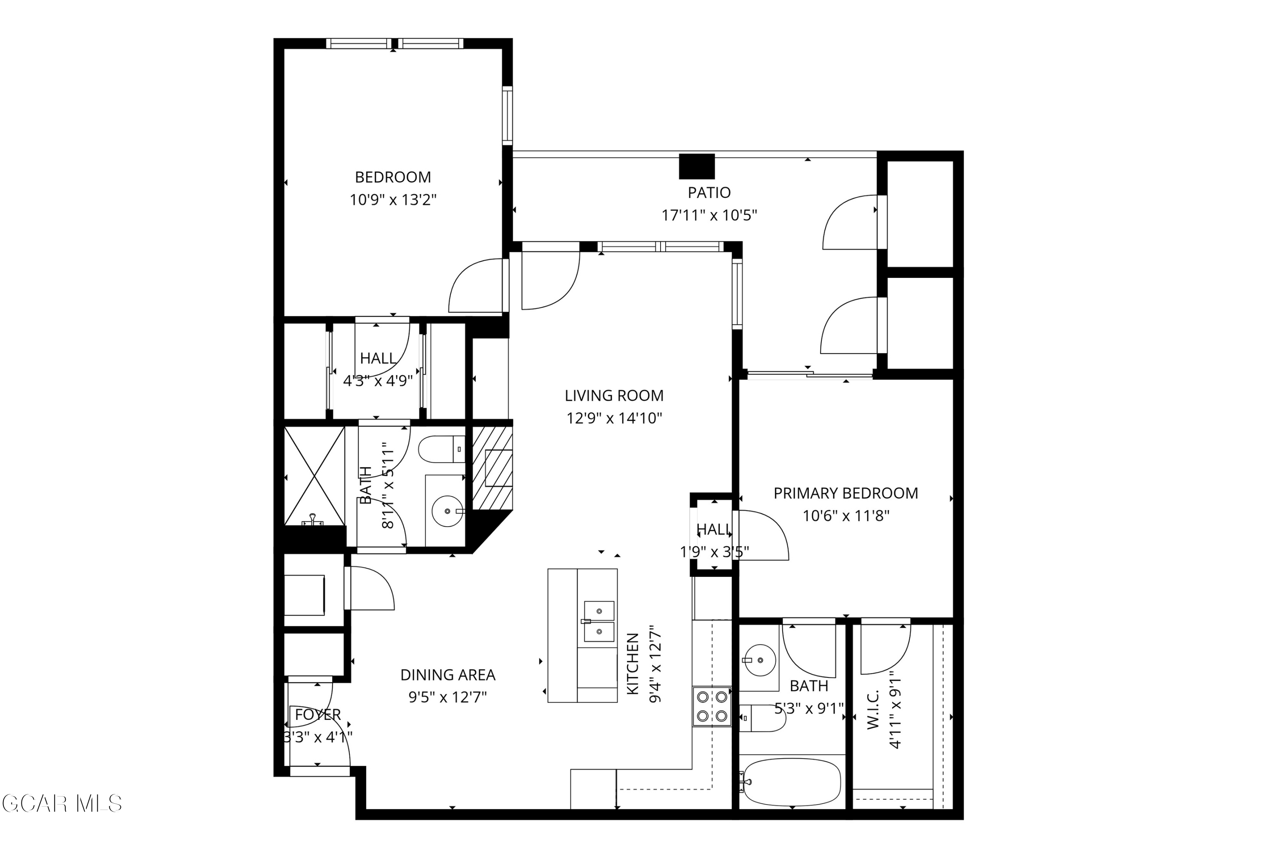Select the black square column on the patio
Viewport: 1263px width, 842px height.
tap(696, 166)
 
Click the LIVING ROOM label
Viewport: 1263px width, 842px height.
tap(614, 396)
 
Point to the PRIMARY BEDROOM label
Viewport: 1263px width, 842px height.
tap(845, 493)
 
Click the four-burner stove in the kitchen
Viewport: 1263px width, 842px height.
tap(711, 707)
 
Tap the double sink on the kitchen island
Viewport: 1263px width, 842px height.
tap(599, 621)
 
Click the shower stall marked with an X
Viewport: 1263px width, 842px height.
tap(314, 476)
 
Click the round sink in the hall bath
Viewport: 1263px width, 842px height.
tap(447, 511)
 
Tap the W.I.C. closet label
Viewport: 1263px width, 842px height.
tap(873, 709)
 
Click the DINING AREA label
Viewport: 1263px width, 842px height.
tap(448, 675)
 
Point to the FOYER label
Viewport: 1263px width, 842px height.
tap(318, 715)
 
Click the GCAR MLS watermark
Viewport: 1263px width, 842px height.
tap(62, 804)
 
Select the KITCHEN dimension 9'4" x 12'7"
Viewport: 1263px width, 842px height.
tap(655, 664)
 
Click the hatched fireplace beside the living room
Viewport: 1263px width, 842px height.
tap(492, 468)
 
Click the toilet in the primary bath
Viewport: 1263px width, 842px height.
tap(762, 719)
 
